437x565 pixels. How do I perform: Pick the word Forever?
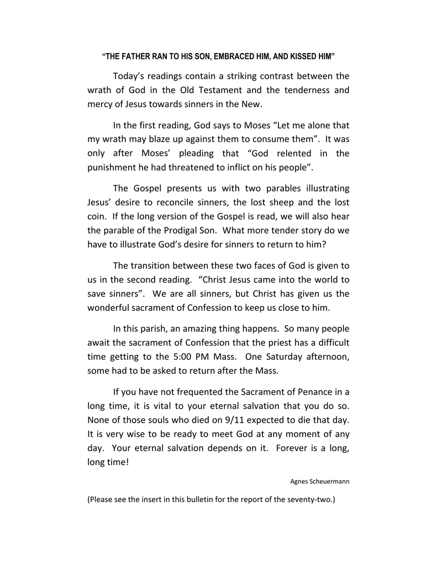294,448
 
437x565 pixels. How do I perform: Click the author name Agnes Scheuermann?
320,481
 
